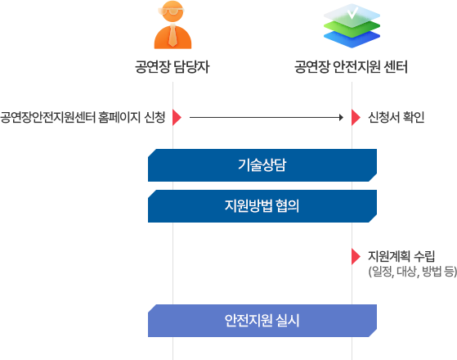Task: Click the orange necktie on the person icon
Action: point(172,37)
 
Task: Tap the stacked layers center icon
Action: point(352,28)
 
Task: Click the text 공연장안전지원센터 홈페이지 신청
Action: point(83,118)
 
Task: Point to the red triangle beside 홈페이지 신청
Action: point(177,118)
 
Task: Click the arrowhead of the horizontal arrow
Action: point(339,118)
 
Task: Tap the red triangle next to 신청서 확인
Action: point(356,118)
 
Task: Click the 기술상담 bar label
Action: point(262,165)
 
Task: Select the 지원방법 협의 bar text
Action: point(262,205)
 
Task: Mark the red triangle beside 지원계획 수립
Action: point(356,256)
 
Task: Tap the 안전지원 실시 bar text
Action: point(262,320)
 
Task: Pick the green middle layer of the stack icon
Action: point(352,27)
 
